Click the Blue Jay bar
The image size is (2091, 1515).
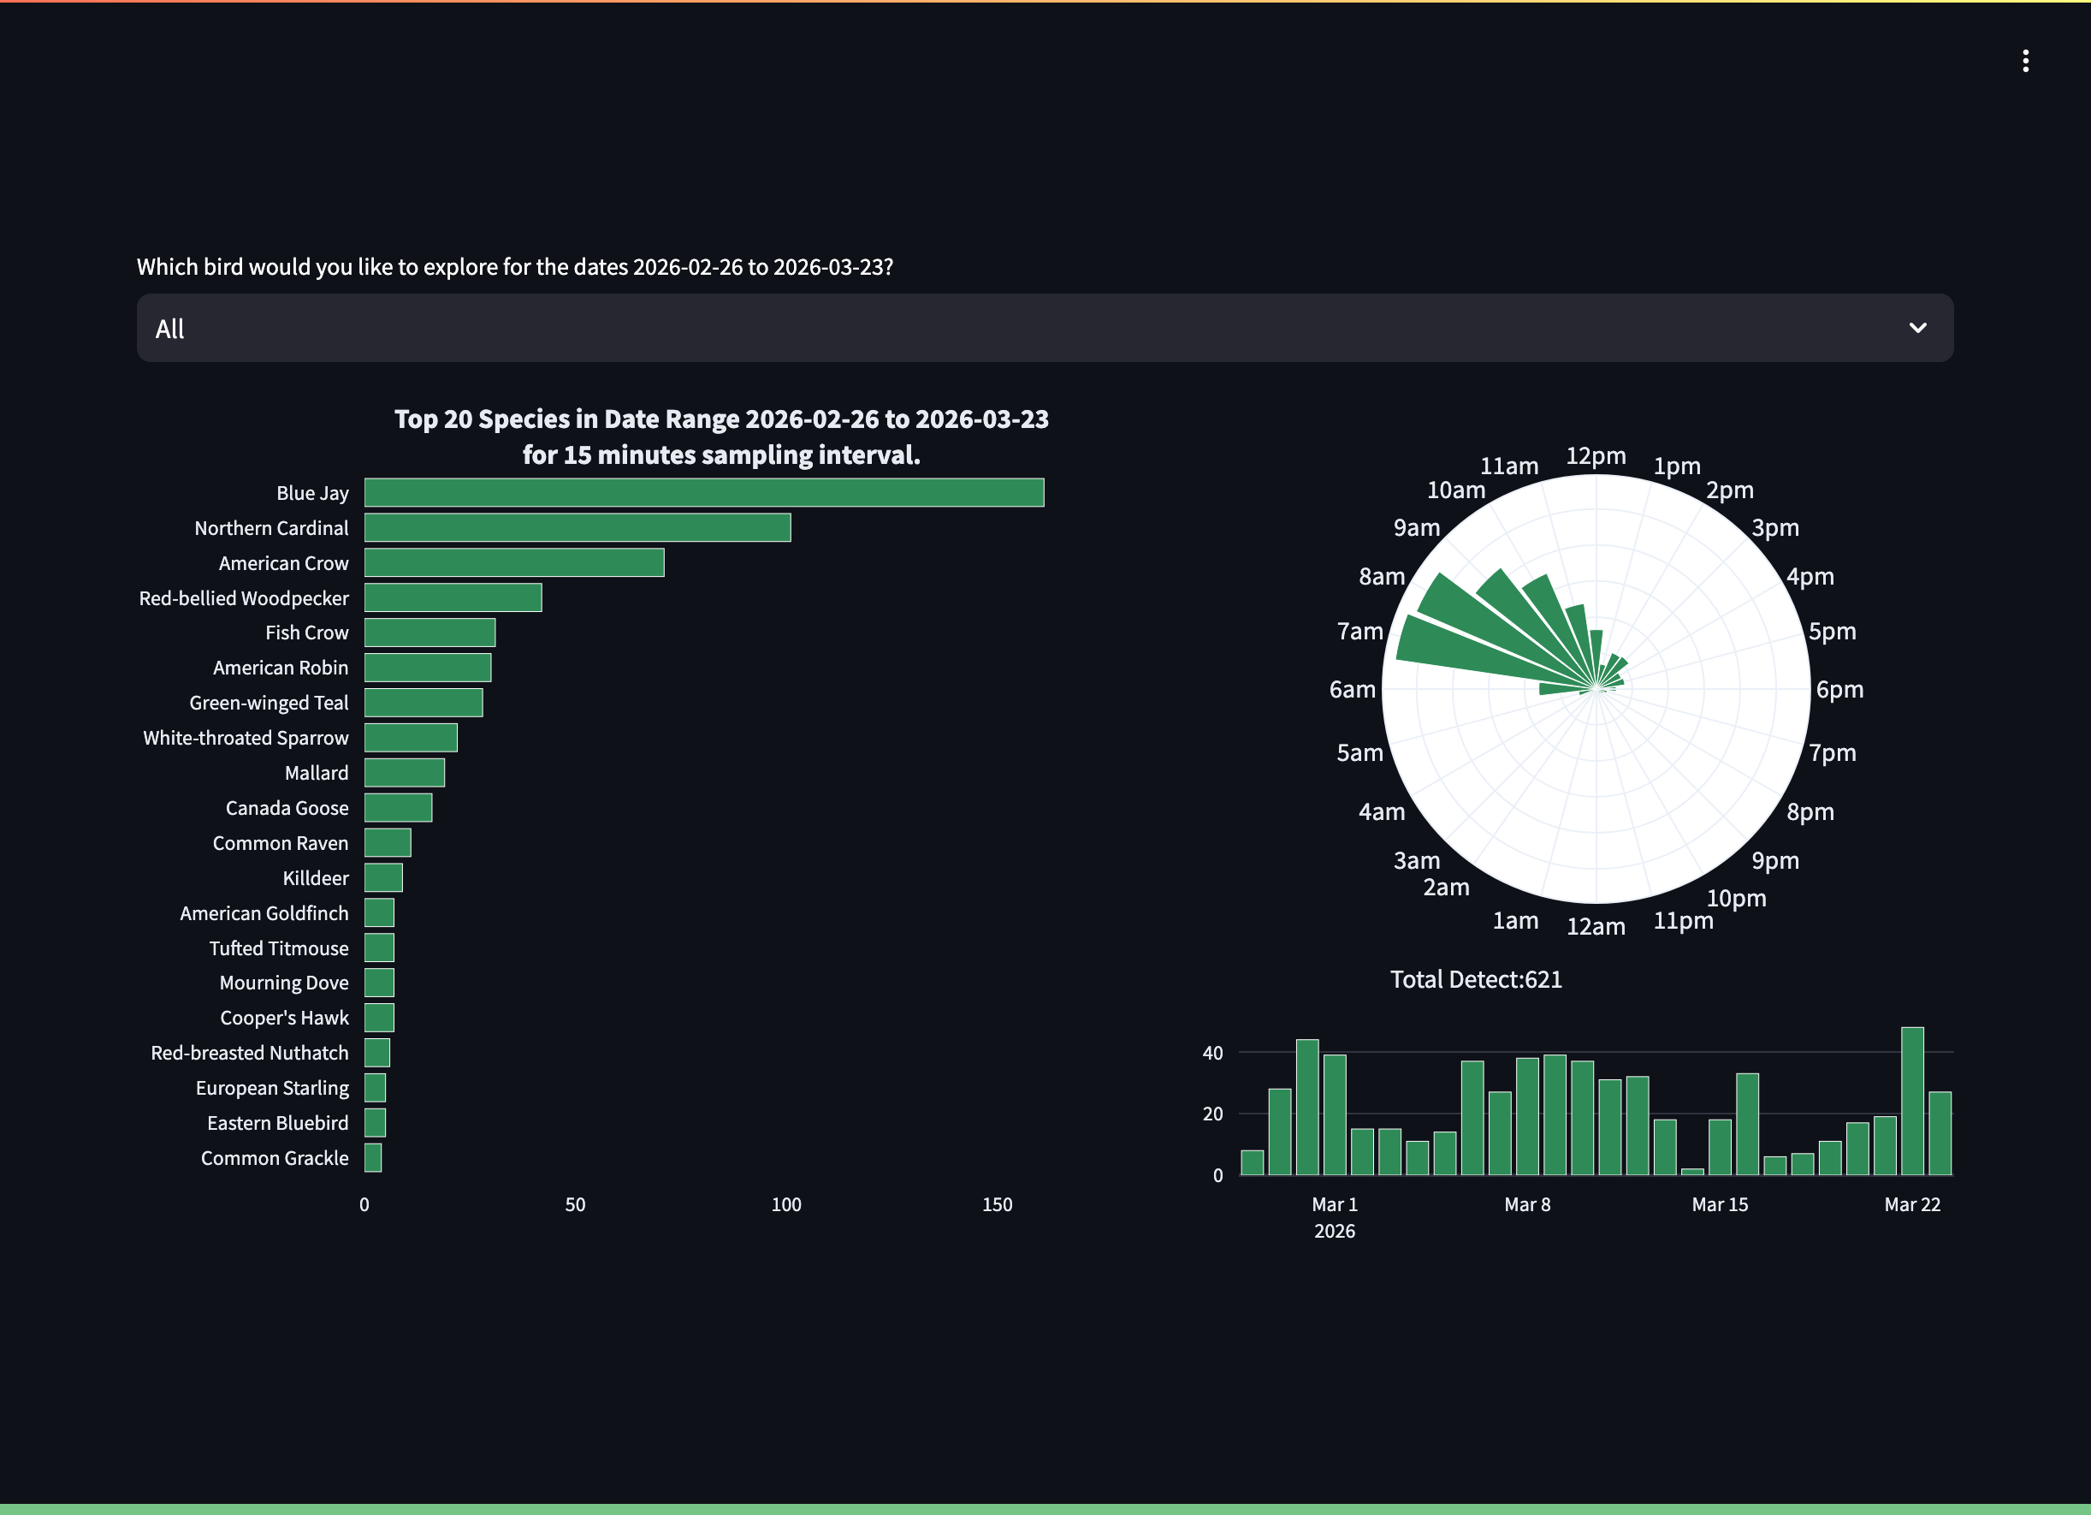[x=703, y=492]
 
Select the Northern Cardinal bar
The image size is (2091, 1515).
[x=578, y=527]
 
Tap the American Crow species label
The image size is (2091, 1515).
[x=283, y=562]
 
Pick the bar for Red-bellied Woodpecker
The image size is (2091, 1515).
[x=453, y=597]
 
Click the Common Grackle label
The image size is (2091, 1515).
[x=274, y=1157]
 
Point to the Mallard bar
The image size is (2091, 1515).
[x=404, y=773]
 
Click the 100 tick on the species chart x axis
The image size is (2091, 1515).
[x=785, y=1204]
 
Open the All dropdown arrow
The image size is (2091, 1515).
[x=1916, y=329]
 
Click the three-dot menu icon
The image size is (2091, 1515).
[x=2024, y=61]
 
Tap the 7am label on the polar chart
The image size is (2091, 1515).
[x=1359, y=632]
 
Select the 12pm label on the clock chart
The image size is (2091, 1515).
[x=1595, y=455]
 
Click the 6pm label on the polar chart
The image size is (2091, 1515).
[x=1839, y=690]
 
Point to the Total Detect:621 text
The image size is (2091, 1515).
[x=1475, y=979]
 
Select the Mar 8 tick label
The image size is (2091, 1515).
[x=1527, y=1204]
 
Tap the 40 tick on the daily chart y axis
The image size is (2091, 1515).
[x=1211, y=1052]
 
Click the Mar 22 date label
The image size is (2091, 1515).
[x=1911, y=1204]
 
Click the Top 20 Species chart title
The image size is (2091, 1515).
[x=721, y=437]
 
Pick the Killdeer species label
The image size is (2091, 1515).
[x=316, y=878]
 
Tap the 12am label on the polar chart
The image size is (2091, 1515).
[x=1595, y=927]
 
